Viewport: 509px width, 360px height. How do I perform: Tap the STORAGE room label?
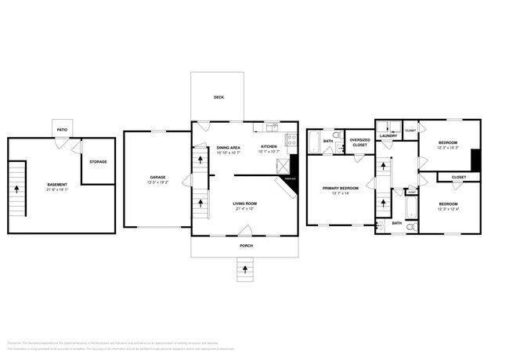click(97, 162)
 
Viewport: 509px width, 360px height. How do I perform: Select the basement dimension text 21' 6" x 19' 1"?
click(56, 190)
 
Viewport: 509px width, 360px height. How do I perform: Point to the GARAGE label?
click(157, 178)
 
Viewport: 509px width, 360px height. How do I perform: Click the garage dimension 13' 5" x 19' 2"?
click(157, 184)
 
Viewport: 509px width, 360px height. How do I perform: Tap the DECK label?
click(219, 98)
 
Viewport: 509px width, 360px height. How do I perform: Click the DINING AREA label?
click(228, 147)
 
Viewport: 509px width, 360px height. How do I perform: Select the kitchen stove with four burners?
click(292, 141)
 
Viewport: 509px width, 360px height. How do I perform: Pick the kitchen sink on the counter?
click(271, 126)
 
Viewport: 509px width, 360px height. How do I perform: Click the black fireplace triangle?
click(294, 166)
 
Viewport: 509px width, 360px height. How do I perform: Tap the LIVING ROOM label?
click(245, 203)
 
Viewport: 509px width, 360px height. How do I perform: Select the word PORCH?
click(245, 246)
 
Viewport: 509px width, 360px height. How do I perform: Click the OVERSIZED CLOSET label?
click(359, 142)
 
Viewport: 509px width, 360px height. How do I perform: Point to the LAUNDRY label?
click(388, 136)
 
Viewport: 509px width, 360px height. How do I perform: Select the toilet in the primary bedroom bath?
click(335, 137)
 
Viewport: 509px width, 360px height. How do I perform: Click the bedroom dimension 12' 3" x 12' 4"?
click(448, 210)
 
